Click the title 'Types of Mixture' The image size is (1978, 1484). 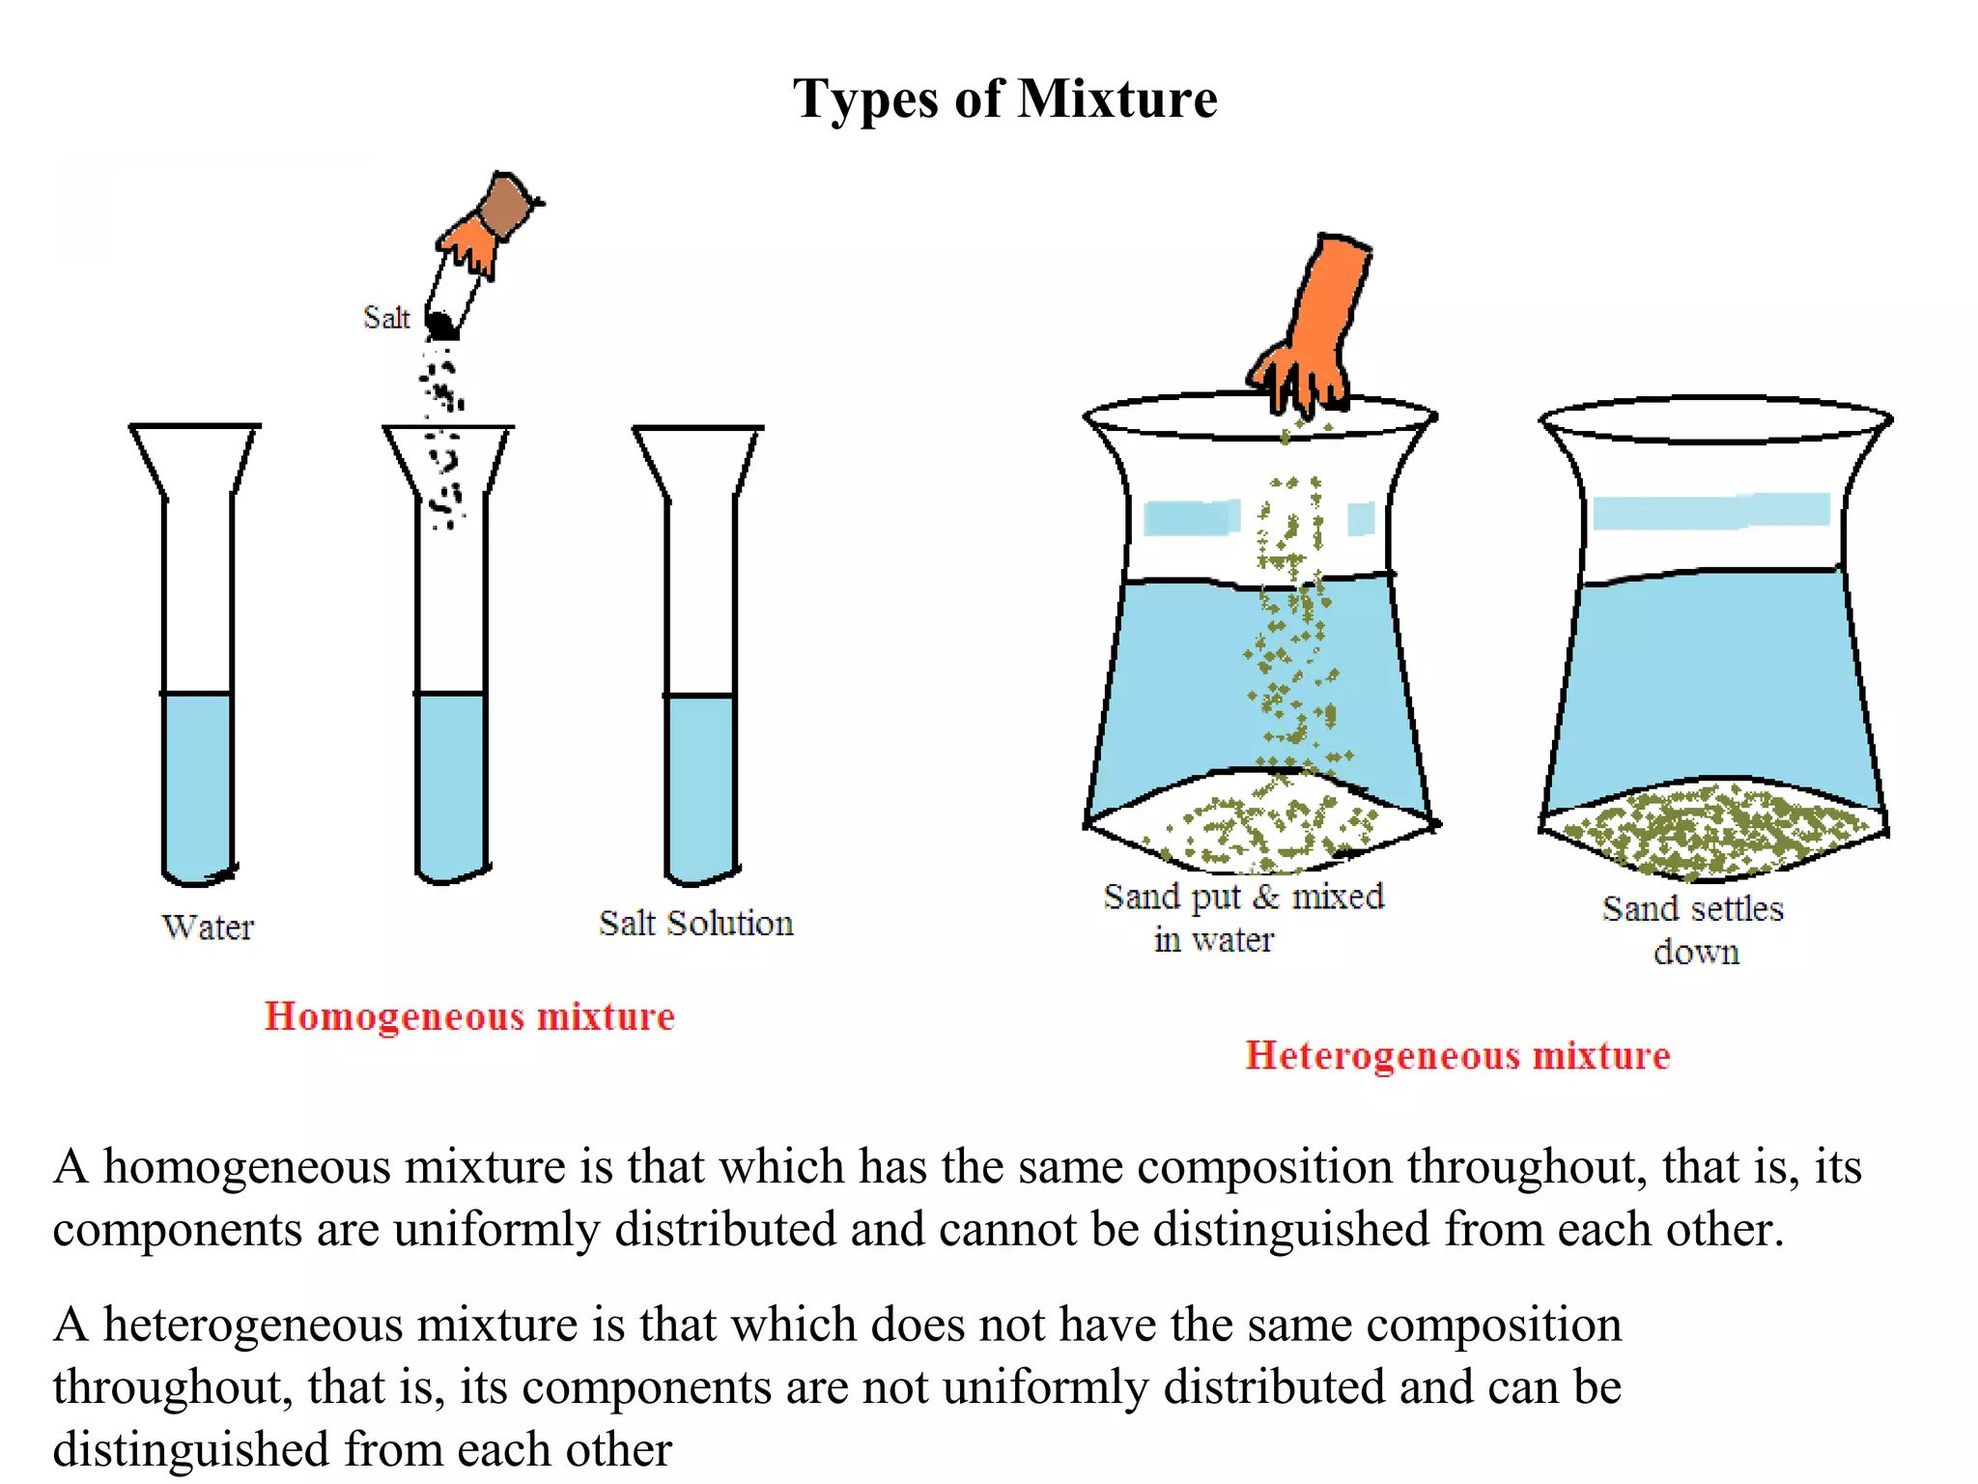tap(1005, 99)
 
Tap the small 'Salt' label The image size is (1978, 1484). tap(386, 317)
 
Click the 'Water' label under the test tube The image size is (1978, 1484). tap(208, 927)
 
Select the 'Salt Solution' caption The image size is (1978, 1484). tap(696, 923)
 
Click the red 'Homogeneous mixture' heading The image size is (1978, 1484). tap(469, 1017)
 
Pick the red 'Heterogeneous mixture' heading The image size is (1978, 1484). tap(1457, 1056)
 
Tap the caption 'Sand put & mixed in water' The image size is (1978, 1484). tap(1244, 917)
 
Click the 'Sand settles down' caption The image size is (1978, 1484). tap(1693, 929)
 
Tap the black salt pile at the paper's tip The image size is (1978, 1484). tap(440, 325)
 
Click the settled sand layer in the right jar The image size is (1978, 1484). tap(1712, 829)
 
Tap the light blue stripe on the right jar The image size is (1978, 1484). tap(1710, 511)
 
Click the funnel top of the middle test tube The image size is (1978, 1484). tap(449, 461)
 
